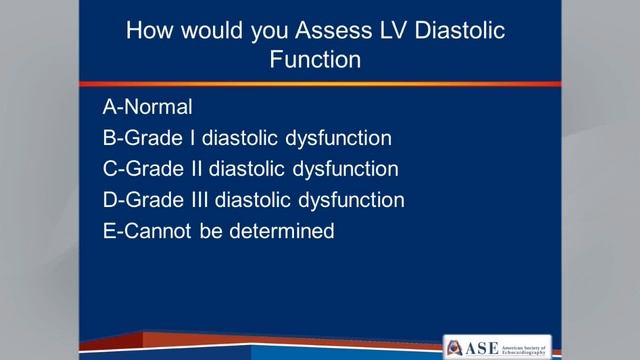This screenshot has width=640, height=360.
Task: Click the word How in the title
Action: (148, 31)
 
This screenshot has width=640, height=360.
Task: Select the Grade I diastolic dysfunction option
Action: (247, 137)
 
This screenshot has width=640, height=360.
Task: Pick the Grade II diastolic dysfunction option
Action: (250, 168)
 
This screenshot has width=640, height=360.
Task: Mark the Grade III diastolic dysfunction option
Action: (253, 200)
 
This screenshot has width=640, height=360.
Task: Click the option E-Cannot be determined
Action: (217, 231)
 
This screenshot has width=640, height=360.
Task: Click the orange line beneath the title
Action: (320, 83)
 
